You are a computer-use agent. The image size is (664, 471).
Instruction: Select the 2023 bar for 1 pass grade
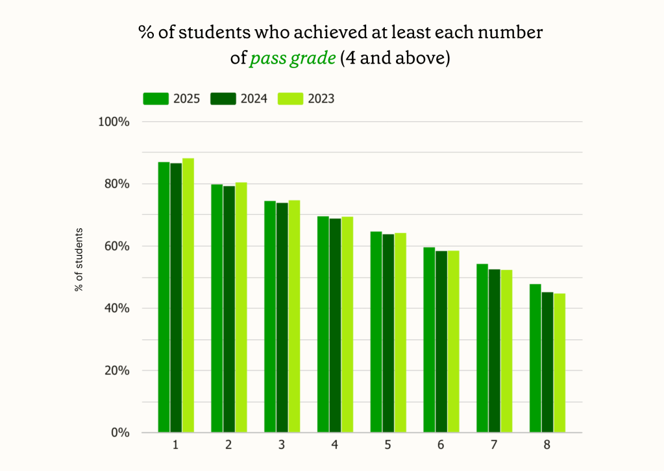pos(188,295)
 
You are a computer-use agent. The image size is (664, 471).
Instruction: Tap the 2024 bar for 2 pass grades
pos(229,309)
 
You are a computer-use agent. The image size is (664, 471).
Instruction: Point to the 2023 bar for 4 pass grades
pos(347,324)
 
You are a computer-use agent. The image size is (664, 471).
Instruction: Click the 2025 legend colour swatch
pos(156,99)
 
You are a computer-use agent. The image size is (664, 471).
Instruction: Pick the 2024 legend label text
pos(254,99)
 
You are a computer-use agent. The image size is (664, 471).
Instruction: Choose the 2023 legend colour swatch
pos(290,99)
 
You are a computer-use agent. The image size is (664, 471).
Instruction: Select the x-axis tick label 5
pos(387,445)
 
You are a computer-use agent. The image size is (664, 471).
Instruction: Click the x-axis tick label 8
pos(547,445)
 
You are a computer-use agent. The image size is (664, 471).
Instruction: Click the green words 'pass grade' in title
pos(293,58)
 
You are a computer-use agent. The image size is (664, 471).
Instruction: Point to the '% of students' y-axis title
pos(79,260)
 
